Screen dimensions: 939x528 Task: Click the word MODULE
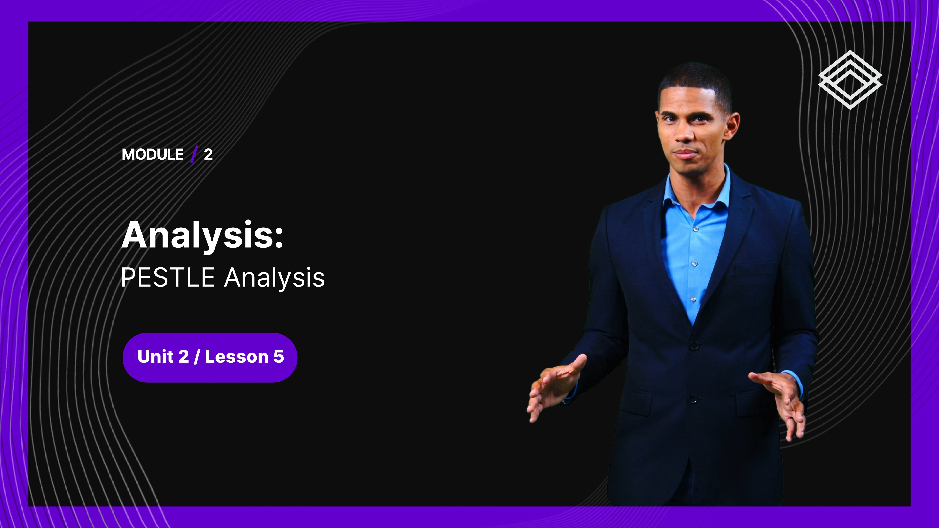[x=153, y=155]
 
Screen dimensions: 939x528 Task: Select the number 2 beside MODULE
[x=208, y=155]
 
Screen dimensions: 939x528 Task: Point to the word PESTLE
[x=168, y=277]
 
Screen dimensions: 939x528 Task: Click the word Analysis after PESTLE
[x=274, y=278]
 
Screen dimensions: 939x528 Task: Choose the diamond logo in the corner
[x=850, y=80]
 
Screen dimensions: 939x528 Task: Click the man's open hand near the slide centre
[x=555, y=387]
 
